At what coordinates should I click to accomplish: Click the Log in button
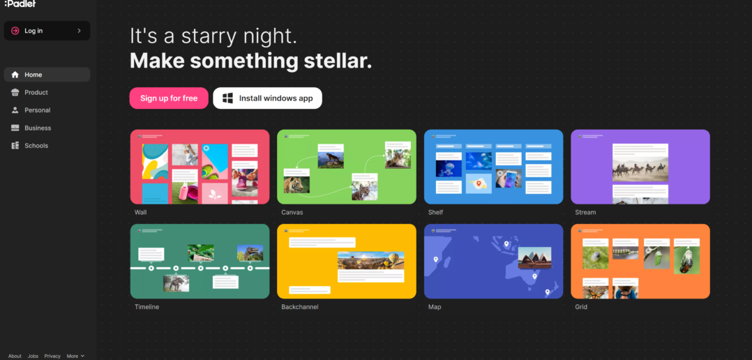[x=47, y=31]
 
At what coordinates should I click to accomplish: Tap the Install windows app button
[x=267, y=98]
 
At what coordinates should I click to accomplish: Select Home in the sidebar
[x=47, y=75]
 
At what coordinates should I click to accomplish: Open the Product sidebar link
[x=36, y=93]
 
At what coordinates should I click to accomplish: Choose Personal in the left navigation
[x=38, y=110]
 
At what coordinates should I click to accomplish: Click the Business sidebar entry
[x=38, y=128]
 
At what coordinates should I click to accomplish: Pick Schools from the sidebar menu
[x=36, y=146]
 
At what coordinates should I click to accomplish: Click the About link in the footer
[x=15, y=357]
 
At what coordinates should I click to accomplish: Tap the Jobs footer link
[x=33, y=357]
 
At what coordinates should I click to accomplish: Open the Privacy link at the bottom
[x=52, y=357]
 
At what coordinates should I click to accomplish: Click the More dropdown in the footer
[x=75, y=357]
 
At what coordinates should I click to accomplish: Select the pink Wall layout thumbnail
[x=200, y=167]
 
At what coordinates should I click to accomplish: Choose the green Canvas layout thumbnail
[x=347, y=167]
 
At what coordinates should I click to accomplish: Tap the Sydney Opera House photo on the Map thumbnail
[x=535, y=258]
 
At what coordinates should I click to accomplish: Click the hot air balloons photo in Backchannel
[x=370, y=260]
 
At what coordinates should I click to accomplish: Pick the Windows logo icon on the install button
[x=228, y=98]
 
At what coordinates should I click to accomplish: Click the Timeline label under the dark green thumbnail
[x=146, y=307]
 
